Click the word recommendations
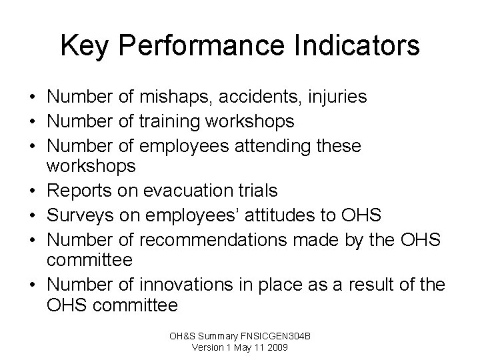tap(223, 239)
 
